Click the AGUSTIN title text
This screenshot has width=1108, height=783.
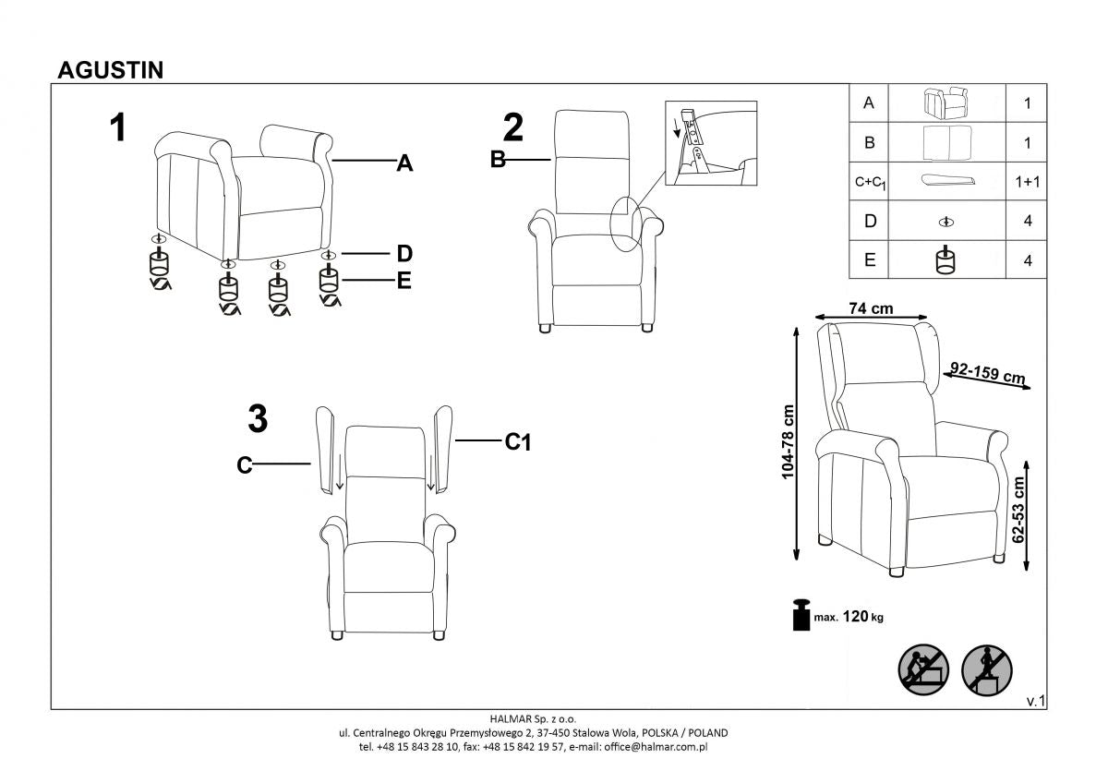point(111,70)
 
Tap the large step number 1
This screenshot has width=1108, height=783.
point(117,128)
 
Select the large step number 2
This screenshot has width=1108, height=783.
point(513,127)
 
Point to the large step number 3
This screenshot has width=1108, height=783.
point(259,420)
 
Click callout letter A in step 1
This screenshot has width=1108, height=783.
point(403,164)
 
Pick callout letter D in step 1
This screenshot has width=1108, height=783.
point(403,254)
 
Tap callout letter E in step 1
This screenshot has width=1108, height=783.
point(403,281)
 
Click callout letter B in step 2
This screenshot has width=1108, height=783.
point(498,161)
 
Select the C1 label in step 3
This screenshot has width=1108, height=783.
point(518,443)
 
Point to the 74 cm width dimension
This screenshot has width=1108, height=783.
point(871,308)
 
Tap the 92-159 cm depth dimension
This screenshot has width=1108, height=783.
point(988,373)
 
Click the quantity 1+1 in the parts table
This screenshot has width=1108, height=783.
point(1026,183)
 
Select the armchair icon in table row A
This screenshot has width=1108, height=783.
point(945,102)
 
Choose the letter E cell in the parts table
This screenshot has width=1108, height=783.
point(868,261)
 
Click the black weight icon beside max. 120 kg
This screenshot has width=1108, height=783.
point(800,615)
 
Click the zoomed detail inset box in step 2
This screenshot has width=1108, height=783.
point(710,143)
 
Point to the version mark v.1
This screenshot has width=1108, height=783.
point(1035,702)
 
